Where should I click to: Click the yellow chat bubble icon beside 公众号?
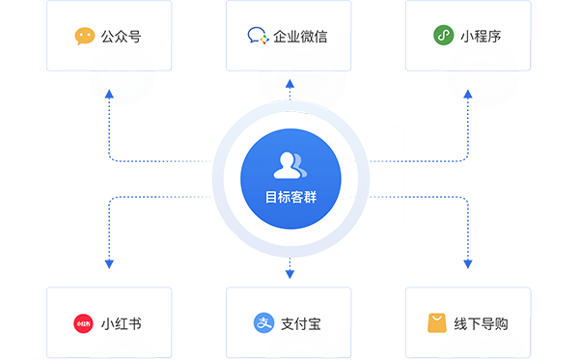[85, 36]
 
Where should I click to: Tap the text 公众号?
[122, 37]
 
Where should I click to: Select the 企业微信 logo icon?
[258, 36]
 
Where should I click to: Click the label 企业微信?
[300, 37]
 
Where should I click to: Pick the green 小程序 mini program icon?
[444, 35]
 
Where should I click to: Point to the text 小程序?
[481, 37]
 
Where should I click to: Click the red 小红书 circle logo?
[83, 323]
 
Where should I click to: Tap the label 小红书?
[122, 324]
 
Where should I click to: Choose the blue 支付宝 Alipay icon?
[264, 322]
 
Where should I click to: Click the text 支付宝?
[300, 324]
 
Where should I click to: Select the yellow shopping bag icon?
[437, 323]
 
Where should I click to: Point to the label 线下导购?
[481, 324]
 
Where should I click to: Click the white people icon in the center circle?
[289, 165]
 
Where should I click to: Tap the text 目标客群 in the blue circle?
[291, 197]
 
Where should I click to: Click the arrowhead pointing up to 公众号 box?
[109, 94]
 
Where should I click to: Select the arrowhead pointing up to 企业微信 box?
[289, 83]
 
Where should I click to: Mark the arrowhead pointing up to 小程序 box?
[468, 94]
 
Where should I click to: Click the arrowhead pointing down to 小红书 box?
[109, 263]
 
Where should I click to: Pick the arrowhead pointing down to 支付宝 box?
[289, 274]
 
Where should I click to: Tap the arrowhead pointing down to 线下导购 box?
[468, 263]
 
